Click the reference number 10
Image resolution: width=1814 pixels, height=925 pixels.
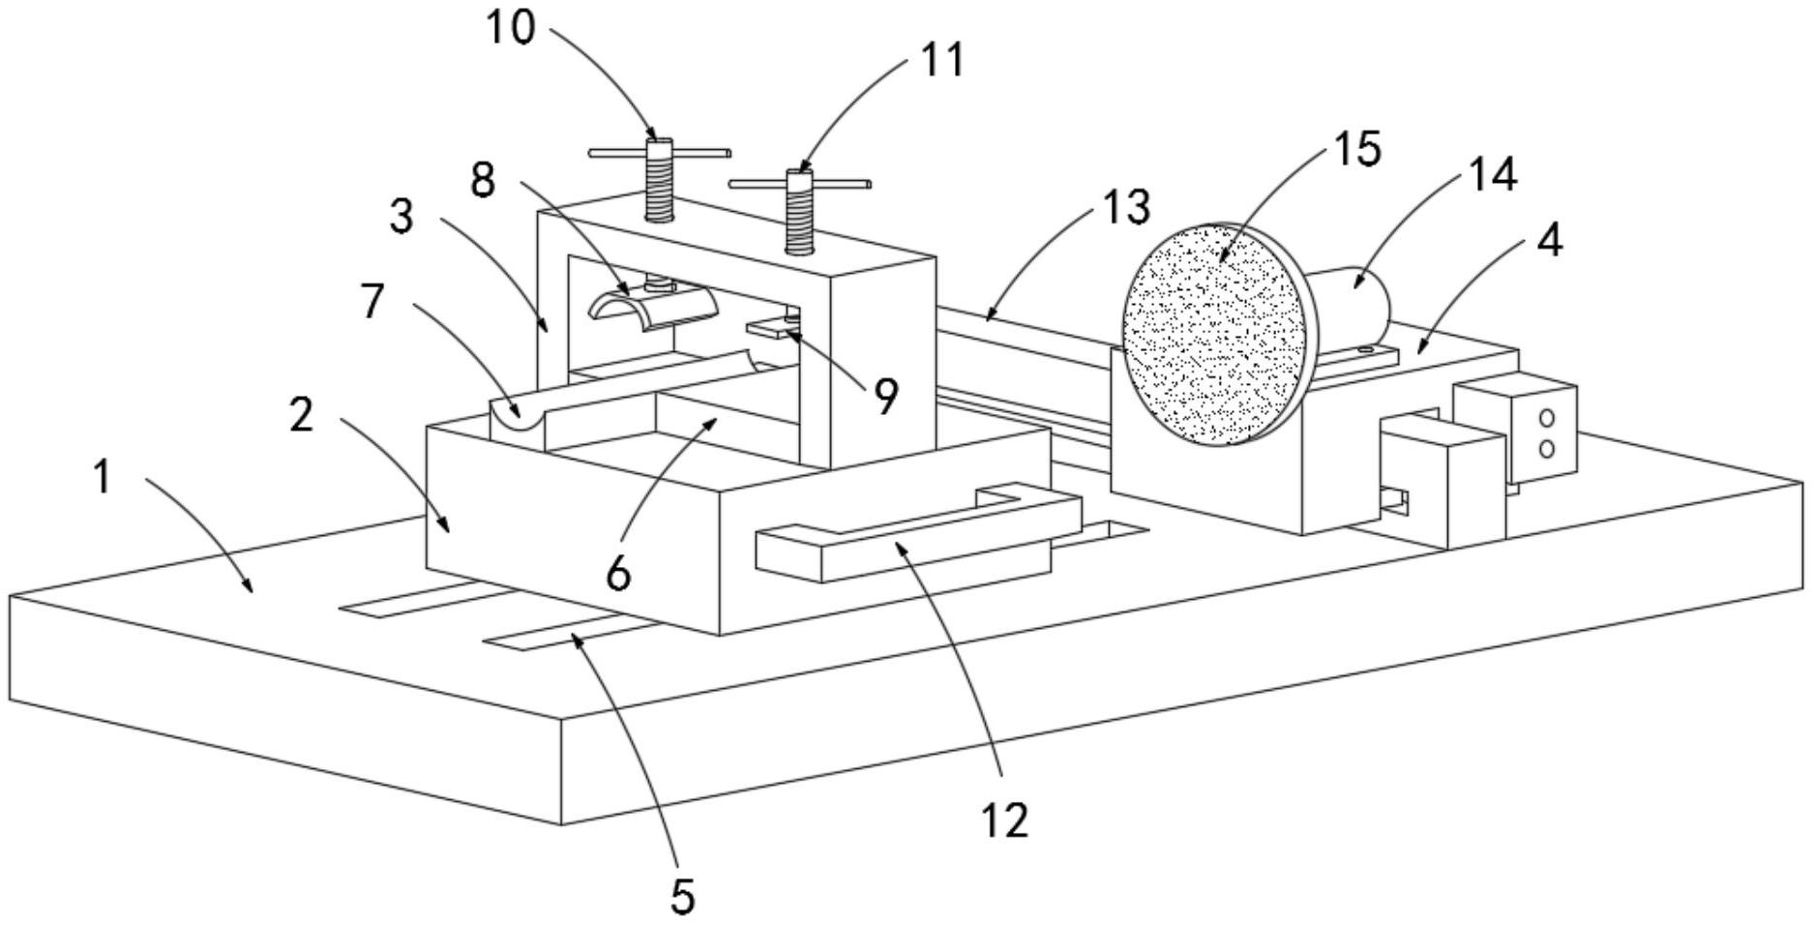tap(509, 28)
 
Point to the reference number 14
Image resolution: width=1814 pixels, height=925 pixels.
tap(1492, 175)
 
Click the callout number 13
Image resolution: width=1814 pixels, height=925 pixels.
tap(1126, 207)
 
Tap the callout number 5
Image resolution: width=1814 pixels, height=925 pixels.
tap(682, 896)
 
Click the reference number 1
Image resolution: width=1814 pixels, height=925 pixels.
tap(103, 478)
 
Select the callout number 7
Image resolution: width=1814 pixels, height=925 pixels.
tap(372, 301)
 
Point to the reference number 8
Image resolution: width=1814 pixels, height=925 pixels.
tap(483, 180)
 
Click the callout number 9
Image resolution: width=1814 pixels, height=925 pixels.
tap(886, 396)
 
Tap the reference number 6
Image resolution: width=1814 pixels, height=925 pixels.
tap(618, 573)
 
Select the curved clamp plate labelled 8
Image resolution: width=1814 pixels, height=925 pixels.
tap(651, 309)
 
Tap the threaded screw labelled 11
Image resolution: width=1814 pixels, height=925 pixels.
tap(799, 212)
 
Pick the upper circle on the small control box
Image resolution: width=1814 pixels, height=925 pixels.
tap(1546, 418)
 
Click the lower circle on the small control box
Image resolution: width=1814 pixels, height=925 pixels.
tap(1546, 448)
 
